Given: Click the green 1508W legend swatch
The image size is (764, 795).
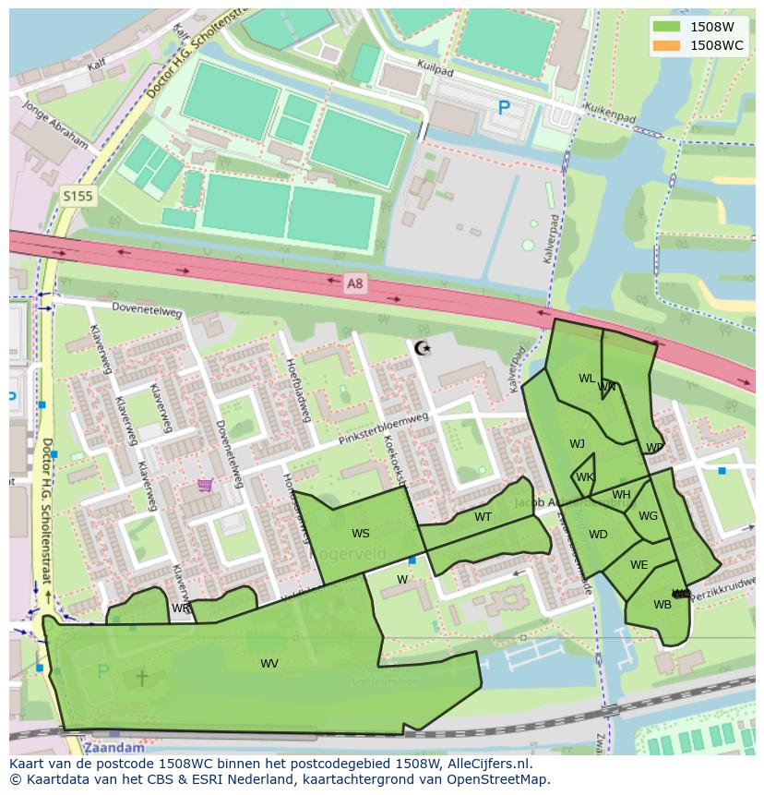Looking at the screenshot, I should (665, 27).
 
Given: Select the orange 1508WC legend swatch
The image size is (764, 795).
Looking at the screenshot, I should (665, 45).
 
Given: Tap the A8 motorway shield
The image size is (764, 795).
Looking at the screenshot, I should (354, 284).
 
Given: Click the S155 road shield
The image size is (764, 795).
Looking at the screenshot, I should (78, 196).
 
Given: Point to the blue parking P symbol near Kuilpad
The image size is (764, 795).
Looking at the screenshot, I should (504, 108).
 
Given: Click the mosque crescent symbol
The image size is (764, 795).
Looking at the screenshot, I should (423, 348).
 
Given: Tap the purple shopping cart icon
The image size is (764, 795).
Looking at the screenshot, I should (205, 485).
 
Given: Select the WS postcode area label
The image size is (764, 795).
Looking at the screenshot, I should (360, 534).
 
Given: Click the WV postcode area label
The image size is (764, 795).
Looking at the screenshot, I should (269, 663).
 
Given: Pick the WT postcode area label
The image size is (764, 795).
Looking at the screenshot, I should (483, 517).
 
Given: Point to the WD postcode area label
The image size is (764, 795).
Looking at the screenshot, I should (598, 535).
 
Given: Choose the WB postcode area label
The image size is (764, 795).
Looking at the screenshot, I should (662, 605).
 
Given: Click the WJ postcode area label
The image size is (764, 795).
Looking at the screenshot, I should (577, 444).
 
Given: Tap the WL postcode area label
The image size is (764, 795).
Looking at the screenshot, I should (587, 379).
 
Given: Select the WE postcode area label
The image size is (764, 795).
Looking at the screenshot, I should (639, 565).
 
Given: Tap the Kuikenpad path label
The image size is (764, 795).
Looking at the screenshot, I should (610, 118).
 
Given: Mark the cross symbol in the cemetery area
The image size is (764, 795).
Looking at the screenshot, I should (142, 678).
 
